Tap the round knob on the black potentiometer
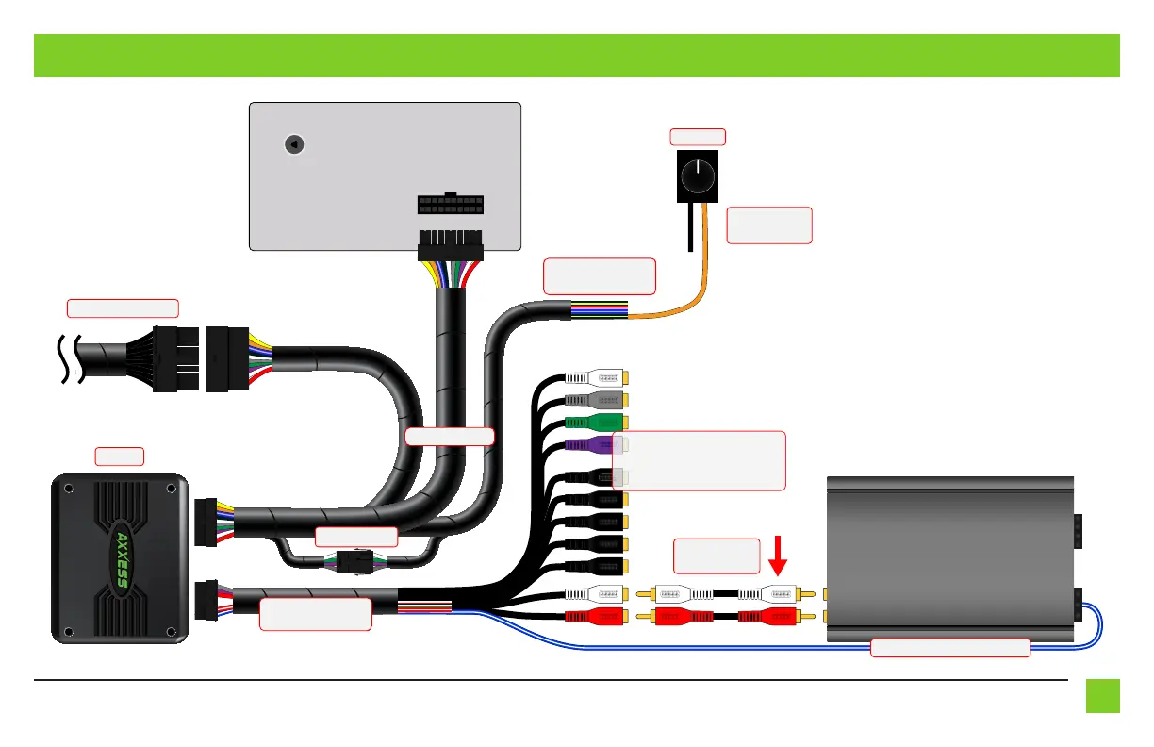click(698, 174)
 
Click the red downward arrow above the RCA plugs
click(778, 555)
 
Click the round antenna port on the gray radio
click(294, 145)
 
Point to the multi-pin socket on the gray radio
click(450, 205)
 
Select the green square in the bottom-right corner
click(1102, 696)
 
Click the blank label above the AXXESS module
click(119, 456)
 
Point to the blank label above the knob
click(698, 137)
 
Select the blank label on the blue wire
click(949, 648)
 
